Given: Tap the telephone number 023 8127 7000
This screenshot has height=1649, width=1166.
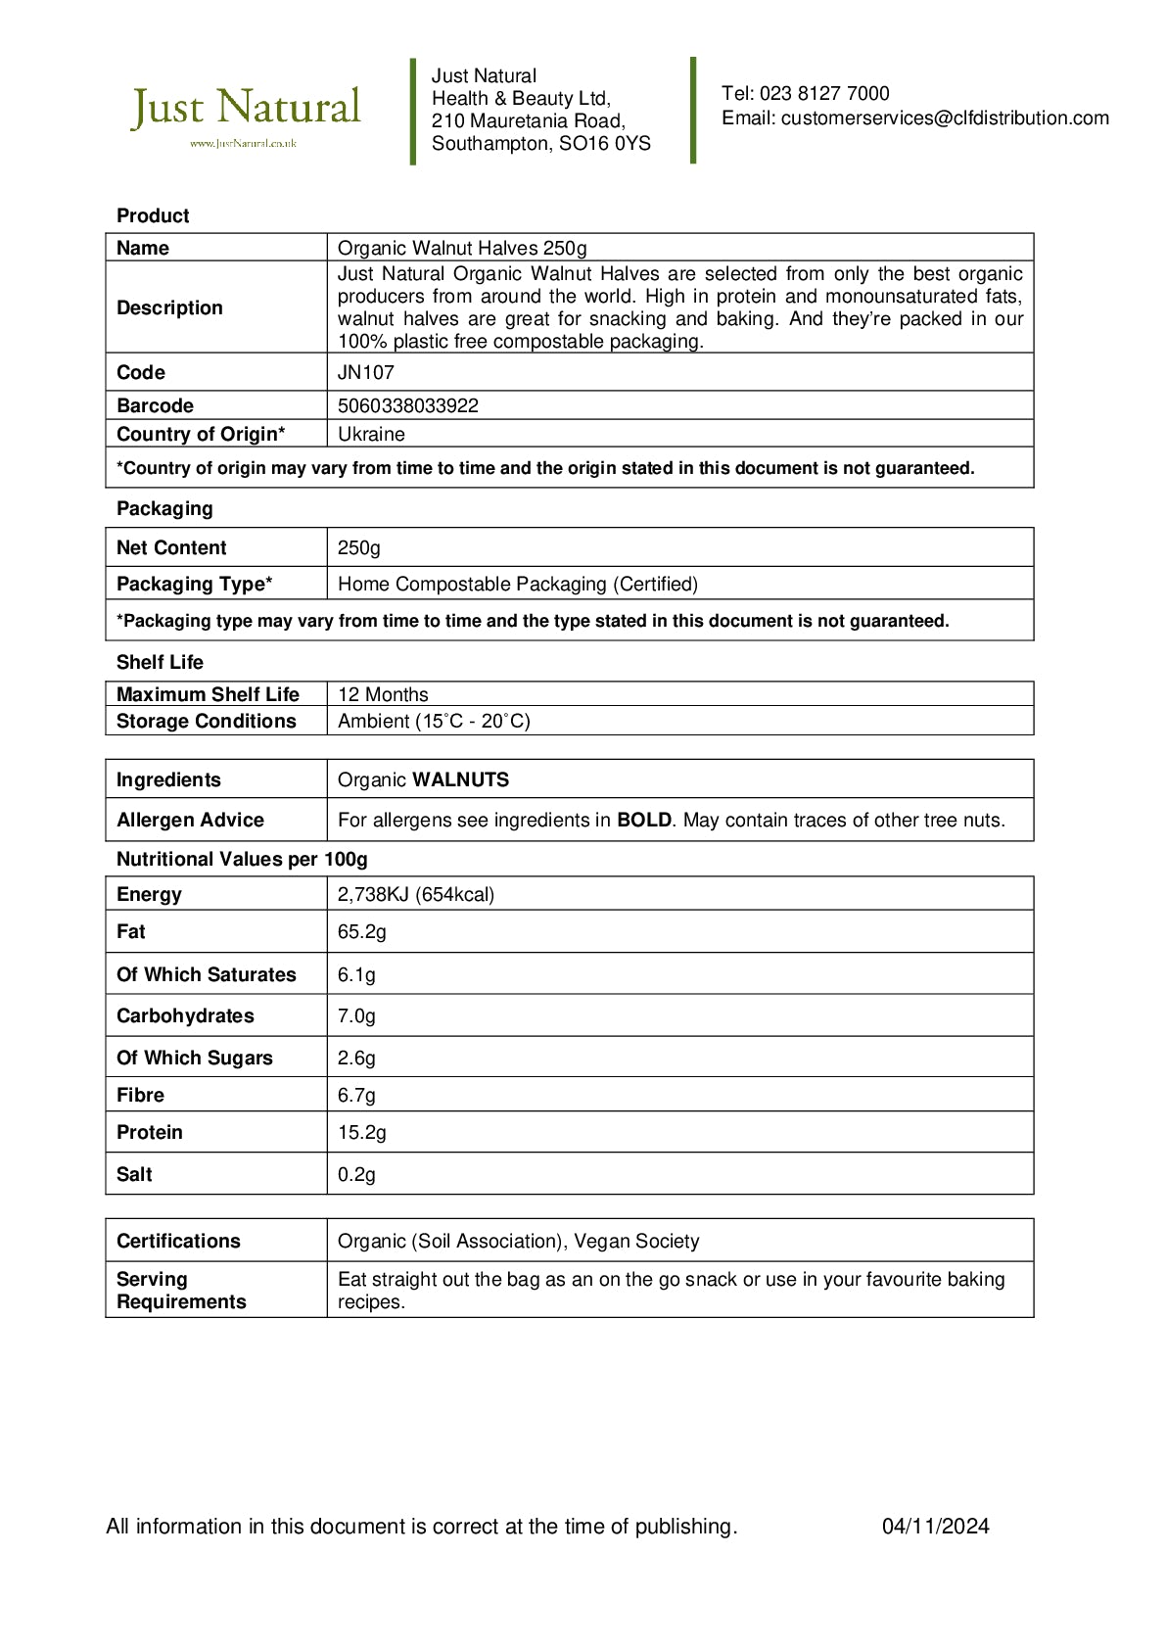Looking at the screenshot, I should pos(824,94).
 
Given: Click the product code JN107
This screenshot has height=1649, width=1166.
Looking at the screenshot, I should pos(366,373).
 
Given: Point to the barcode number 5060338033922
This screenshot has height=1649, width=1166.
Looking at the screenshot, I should pos(408,406).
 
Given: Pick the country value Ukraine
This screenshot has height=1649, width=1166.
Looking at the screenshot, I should pos(371,435).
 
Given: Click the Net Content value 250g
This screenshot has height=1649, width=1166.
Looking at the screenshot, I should pos(359,548).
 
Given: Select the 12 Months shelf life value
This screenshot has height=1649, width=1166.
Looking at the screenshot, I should pos(383,695).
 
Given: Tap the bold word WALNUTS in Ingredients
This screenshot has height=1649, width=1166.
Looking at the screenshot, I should pos(461,780).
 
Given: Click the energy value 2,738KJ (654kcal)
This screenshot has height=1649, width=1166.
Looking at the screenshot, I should pos(416,895).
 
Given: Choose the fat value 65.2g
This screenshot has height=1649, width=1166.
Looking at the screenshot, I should pos(362,932).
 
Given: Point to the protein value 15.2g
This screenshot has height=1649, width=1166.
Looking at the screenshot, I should pos(362,1133).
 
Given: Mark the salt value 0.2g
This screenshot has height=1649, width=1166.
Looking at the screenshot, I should pos(356,1175).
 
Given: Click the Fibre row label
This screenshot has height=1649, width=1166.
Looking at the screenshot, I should pos(141,1096).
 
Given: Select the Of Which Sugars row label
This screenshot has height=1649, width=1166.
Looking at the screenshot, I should pos(195,1059).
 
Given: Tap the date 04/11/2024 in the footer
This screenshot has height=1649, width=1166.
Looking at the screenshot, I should pos(935,1527).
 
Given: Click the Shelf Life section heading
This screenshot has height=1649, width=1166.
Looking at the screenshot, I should pos(160,663).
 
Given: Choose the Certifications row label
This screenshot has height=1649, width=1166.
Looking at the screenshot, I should pos(178,1242).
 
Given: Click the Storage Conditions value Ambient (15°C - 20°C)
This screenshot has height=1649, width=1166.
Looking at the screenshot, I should pos(434,722).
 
